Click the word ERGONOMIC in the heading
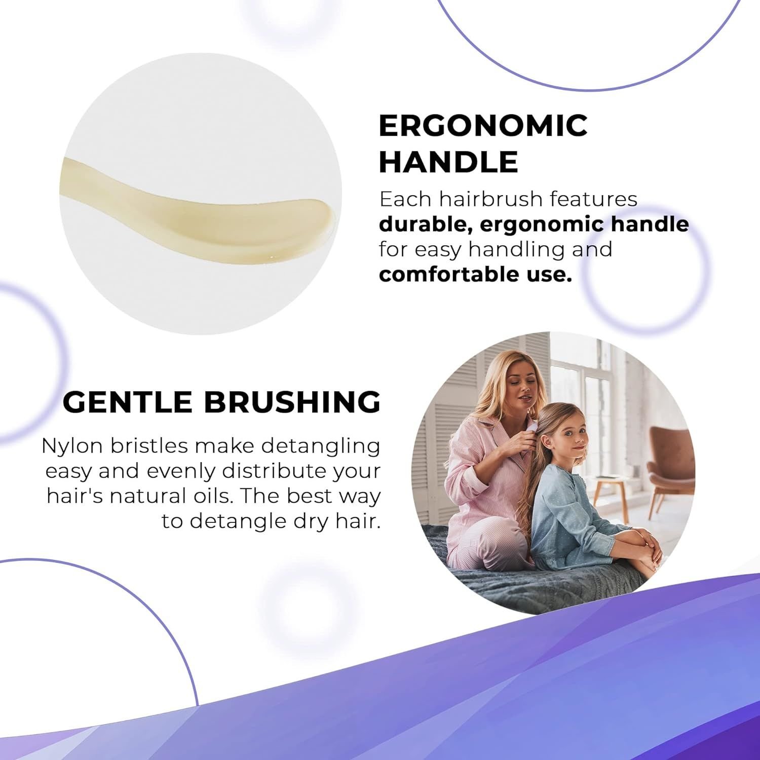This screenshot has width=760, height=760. coord(483,125)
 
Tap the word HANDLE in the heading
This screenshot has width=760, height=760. coord(448,162)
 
